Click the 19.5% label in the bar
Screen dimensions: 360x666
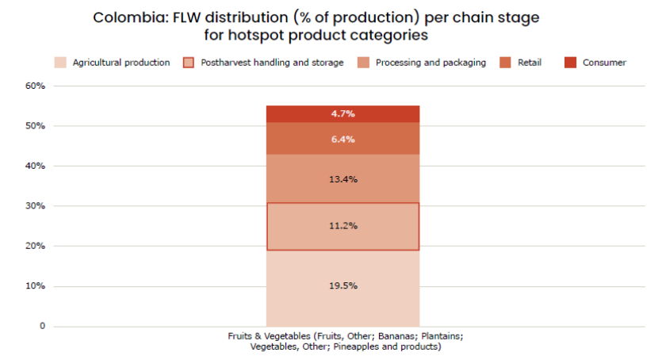(x=343, y=285)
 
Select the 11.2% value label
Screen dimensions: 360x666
(x=343, y=226)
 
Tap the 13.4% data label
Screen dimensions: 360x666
(x=343, y=179)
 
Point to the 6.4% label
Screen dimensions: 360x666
(x=343, y=140)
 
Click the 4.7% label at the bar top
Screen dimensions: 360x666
(x=343, y=114)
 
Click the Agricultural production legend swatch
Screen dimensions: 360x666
(x=59, y=63)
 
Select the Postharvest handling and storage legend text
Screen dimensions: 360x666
(x=272, y=63)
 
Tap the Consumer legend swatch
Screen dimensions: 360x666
(x=569, y=63)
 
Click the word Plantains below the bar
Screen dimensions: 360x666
(x=434, y=336)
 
